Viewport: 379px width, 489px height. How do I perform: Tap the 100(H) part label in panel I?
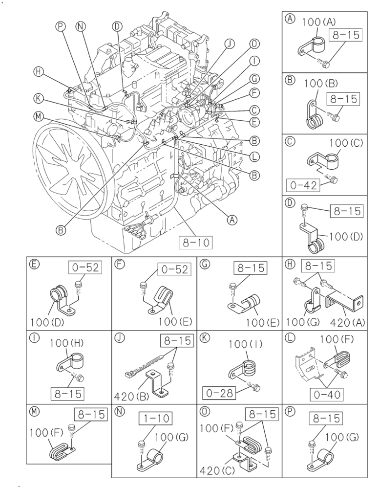66,344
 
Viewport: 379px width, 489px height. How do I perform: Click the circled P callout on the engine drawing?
61,27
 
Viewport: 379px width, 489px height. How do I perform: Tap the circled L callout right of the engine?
253,156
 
